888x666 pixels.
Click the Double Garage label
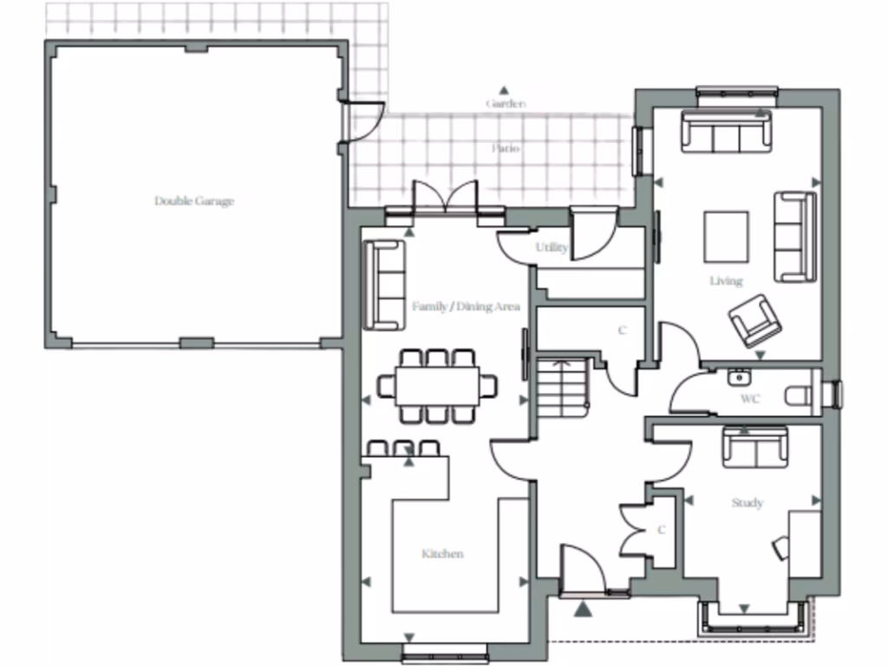tap(194, 201)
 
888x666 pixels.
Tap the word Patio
tap(506, 148)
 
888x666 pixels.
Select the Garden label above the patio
tap(505, 103)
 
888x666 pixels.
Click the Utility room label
tap(552, 248)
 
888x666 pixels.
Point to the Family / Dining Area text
tap(465, 306)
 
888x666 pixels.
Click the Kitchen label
tap(442, 553)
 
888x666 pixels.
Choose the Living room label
tap(726, 281)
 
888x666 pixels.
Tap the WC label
tap(750, 400)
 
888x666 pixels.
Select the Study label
tap(748, 503)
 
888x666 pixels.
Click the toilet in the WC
tap(800, 396)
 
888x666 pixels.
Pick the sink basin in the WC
tap(739, 377)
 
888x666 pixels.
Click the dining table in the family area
tap(437, 385)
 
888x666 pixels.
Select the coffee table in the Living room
tap(726, 236)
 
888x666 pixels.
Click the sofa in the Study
tap(755, 447)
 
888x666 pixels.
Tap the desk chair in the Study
tap(780, 547)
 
